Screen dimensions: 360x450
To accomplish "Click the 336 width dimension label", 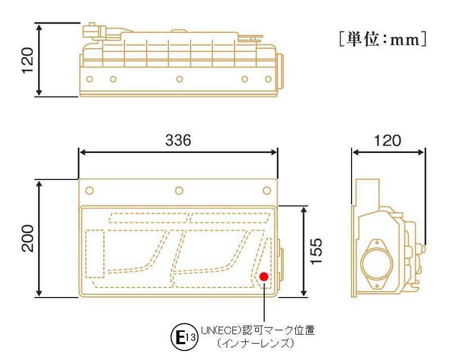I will [178, 141].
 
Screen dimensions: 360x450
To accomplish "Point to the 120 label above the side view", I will [388, 141].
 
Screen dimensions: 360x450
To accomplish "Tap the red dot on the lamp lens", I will [263, 276].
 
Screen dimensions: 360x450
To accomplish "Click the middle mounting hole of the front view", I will [178, 191].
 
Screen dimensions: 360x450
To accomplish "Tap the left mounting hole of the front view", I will [88, 191].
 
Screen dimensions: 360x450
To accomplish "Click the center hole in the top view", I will [178, 79].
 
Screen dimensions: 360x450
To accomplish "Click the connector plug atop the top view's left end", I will [92, 29].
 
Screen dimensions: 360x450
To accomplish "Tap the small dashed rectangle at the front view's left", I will [95, 254].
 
